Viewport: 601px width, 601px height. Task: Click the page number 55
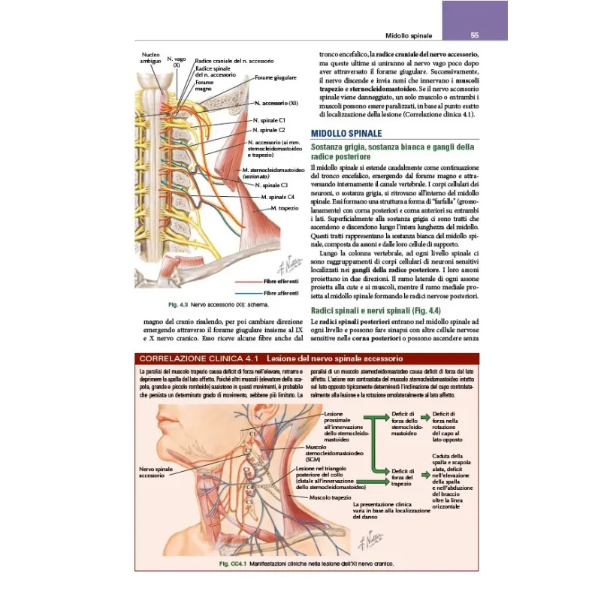476,35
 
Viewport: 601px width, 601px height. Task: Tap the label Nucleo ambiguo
150,59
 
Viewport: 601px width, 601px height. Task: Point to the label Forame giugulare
275,77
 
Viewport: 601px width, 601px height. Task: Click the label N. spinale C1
270,120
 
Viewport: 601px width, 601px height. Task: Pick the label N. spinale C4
278,197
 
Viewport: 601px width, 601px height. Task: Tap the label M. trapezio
285,207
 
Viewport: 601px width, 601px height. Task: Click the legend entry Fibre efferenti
280,280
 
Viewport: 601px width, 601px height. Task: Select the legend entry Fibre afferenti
280,292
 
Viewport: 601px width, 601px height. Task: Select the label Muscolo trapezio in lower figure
331,498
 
